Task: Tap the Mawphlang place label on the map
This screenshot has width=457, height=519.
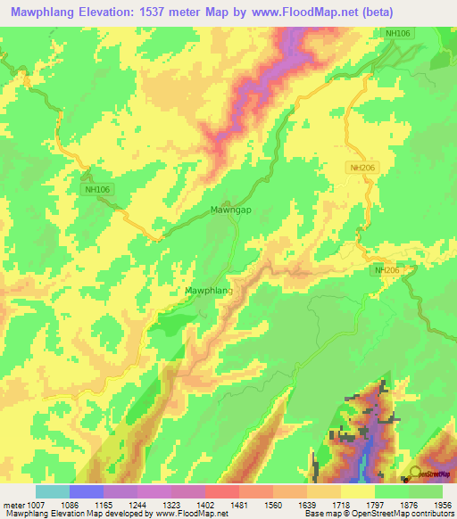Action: tap(208, 291)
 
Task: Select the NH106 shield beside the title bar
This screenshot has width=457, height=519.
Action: tap(398, 33)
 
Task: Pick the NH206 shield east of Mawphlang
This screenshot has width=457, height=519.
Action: tap(387, 270)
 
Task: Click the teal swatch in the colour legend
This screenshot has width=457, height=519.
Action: tap(52, 490)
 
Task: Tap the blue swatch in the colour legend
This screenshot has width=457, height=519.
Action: tap(86, 490)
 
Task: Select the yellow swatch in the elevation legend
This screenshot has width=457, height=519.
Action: tap(358, 490)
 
